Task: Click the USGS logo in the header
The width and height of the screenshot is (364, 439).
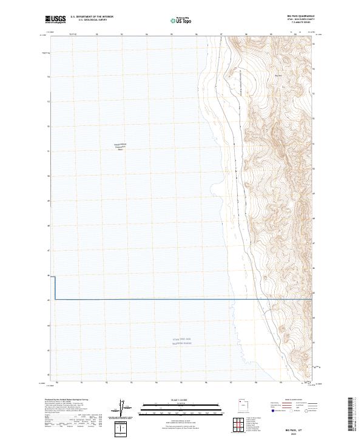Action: (56, 19)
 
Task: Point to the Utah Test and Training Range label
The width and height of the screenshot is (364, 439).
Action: (181, 342)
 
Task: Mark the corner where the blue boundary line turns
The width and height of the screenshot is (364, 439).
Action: (55, 299)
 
